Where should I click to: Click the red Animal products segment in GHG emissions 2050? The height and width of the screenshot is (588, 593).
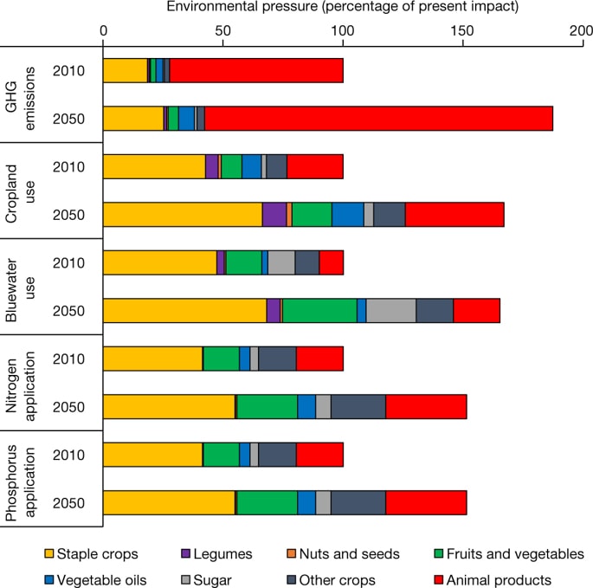point(378,119)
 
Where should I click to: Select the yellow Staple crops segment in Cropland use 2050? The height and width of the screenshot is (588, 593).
point(183,215)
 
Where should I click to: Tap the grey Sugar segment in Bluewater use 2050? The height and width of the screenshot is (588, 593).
point(391,311)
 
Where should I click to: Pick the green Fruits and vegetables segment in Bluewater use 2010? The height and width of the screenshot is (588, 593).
point(243,262)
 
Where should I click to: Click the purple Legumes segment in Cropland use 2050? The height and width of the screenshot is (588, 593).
point(274,215)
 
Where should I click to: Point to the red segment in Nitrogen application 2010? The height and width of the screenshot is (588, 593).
point(319,359)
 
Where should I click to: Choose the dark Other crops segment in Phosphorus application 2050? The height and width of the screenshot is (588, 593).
point(358,502)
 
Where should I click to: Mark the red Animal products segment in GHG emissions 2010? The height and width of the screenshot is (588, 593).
point(256,71)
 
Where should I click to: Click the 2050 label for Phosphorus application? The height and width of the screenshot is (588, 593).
point(68,503)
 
